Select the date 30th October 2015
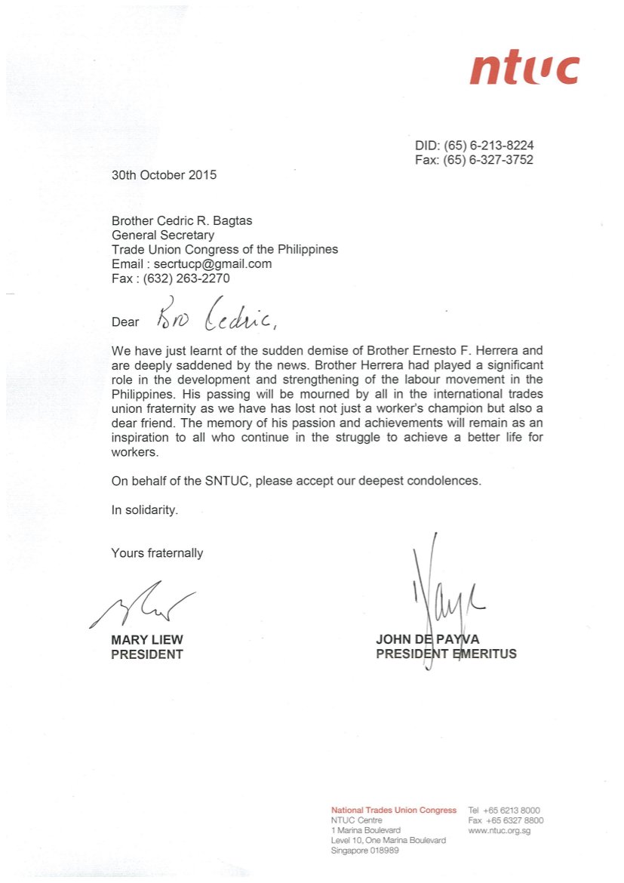click(164, 175)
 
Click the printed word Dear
click(125, 322)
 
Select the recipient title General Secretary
click(162, 235)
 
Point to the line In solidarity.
click(145, 510)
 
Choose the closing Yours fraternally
click(157, 553)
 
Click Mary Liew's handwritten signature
click(143, 604)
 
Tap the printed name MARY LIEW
click(147, 640)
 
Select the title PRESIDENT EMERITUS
click(446, 654)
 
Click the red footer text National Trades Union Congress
click(394, 810)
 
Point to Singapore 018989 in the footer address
click(365, 851)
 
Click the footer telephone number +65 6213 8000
click(513, 810)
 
